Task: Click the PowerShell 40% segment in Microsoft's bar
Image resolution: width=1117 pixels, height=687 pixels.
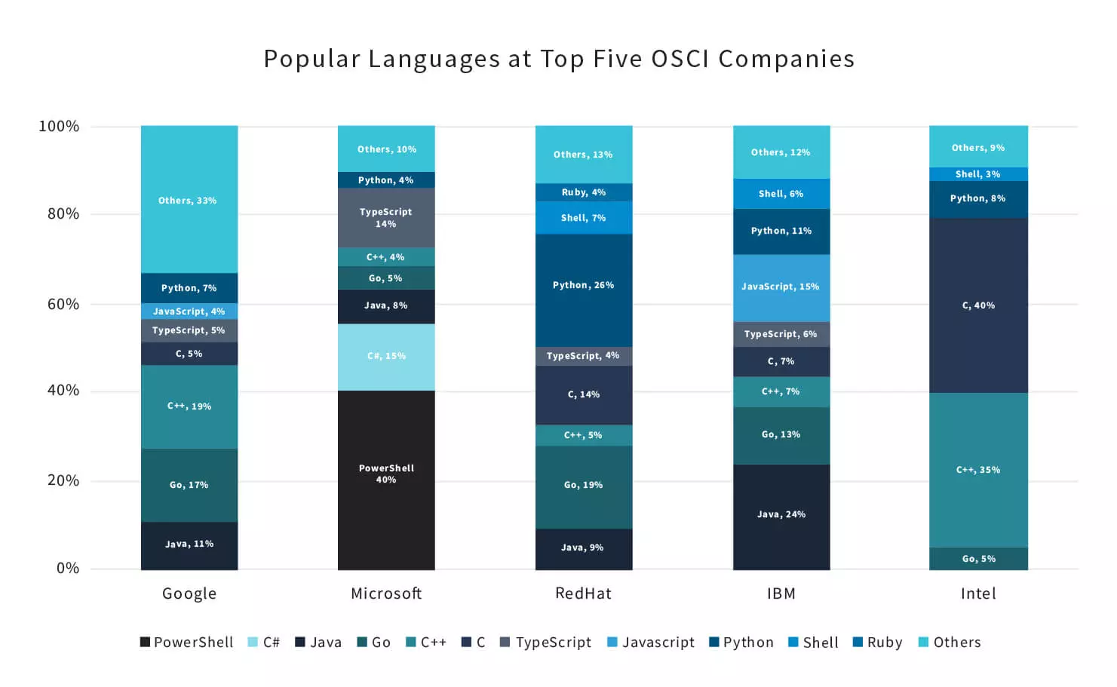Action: pos(385,474)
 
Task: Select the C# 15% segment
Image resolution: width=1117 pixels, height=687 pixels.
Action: pos(385,356)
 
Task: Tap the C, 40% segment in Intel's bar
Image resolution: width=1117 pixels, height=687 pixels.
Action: pos(978,305)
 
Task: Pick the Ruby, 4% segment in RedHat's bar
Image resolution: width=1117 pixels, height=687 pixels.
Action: pos(583,192)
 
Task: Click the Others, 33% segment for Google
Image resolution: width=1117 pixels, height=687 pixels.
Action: pos(189,200)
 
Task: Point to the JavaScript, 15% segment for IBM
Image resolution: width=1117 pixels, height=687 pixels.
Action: pos(781,287)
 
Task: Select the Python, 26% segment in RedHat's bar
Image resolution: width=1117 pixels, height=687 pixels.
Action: pos(583,285)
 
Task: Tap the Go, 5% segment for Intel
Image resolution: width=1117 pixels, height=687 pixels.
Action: pos(978,559)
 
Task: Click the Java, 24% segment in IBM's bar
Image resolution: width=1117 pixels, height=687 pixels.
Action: pos(781,514)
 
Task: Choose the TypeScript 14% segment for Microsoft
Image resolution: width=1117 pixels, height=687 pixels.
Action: pos(385,217)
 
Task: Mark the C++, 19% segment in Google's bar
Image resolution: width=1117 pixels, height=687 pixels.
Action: pos(189,406)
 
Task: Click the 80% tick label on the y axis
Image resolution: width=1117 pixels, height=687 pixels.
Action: pos(63,213)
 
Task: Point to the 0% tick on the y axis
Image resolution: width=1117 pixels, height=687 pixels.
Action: pos(68,568)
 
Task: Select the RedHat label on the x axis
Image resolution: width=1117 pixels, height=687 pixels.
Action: pos(583,593)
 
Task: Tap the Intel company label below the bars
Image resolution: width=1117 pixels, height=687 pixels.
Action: pos(978,593)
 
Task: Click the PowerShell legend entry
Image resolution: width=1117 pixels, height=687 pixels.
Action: pos(186,643)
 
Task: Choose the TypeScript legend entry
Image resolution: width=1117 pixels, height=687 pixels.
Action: pos(545,643)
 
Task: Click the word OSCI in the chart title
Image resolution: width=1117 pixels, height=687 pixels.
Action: pos(680,59)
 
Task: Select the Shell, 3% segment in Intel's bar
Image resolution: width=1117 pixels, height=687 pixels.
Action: pos(978,174)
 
